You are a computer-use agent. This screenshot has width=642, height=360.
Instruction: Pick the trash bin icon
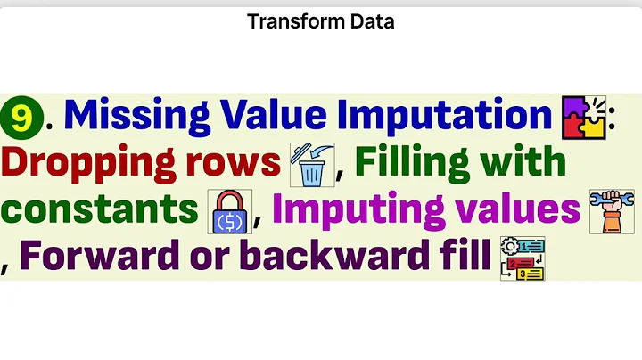[x=311, y=167]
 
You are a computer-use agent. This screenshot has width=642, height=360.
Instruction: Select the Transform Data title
[x=321, y=20]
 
